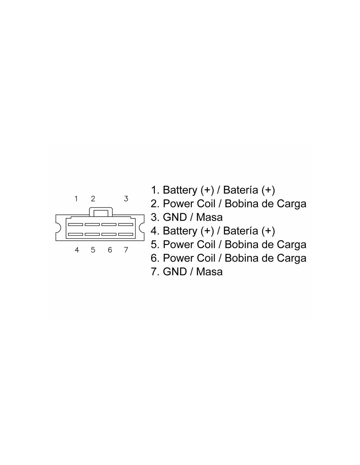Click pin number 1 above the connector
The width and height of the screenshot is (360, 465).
tap(76, 199)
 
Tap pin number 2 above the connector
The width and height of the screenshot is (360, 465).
tap(93, 199)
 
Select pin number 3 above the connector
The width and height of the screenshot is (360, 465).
tap(126, 199)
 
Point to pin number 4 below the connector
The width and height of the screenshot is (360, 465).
tap(77, 250)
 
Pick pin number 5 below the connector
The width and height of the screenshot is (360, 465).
tap(93, 250)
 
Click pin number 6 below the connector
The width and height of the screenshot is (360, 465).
tap(110, 250)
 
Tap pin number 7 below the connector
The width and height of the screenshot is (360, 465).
tap(126, 250)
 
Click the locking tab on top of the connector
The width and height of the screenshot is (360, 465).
tap(101, 212)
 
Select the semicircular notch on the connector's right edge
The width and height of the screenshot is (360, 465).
tap(142, 228)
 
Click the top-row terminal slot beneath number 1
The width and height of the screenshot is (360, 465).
tap(75, 224)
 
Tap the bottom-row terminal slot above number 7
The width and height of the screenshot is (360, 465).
tap(126, 234)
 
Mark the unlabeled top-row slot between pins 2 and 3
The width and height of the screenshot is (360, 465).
tap(109, 224)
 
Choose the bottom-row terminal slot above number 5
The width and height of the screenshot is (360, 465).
tap(92, 234)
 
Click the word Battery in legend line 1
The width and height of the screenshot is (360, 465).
tap(180, 190)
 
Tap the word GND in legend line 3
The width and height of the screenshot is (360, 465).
tap(175, 217)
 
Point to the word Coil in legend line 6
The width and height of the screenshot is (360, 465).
tap(206, 258)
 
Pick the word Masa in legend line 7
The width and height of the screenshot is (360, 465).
tap(209, 271)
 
